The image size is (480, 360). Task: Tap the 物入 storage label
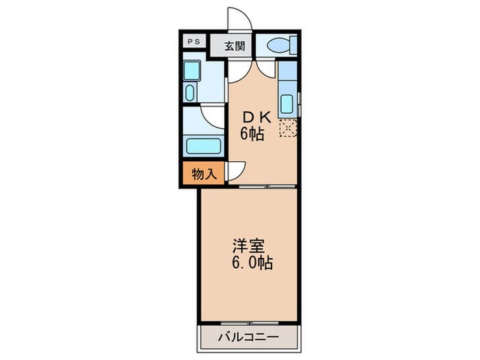coord(204,173)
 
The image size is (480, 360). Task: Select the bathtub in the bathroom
coord(204,146)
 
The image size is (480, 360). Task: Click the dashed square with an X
coord(287,128)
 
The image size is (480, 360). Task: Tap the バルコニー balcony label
coord(248,337)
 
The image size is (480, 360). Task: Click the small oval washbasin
coord(191,92)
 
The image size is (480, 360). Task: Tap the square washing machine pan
coord(191,71)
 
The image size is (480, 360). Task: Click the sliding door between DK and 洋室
coord(267,185)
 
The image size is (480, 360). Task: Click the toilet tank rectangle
coord(293,45)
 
